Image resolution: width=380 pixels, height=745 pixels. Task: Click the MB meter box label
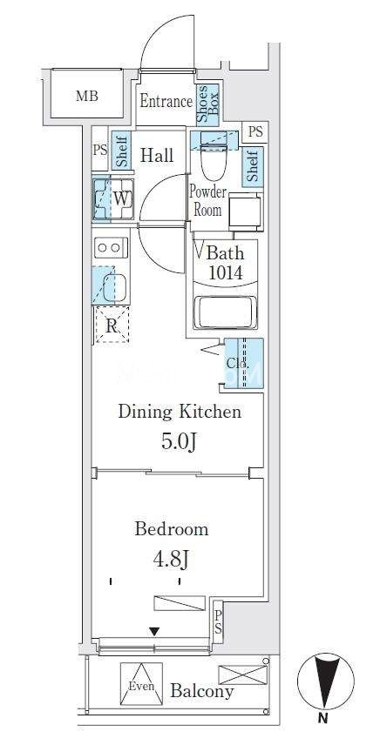click(x=87, y=97)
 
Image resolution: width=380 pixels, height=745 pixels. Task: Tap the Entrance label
click(x=166, y=101)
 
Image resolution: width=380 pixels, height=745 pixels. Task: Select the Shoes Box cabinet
click(x=207, y=104)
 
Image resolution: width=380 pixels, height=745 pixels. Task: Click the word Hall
click(x=158, y=156)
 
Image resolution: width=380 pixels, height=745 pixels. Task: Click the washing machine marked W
click(x=112, y=198)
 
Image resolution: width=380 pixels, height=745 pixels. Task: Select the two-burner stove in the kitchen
click(x=111, y=247)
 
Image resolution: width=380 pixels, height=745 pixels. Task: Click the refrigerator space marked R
click(x=112, y=325)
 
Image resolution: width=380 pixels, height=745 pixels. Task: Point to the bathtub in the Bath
click(x=226, y=312)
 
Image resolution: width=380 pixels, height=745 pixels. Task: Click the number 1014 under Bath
click(x=225, y=272)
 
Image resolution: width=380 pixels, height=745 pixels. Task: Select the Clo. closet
click(x=243, y=364)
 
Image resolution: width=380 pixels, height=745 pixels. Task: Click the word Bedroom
click(x=172, y=529)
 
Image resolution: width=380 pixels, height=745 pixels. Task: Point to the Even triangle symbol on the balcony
click(x=141, y=684)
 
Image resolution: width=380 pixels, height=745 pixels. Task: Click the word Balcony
click(x=202, y=691)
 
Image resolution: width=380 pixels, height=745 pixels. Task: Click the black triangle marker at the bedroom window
click(x=154, y=632)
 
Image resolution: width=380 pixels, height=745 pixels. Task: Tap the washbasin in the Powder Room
click(x=245, y=211)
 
